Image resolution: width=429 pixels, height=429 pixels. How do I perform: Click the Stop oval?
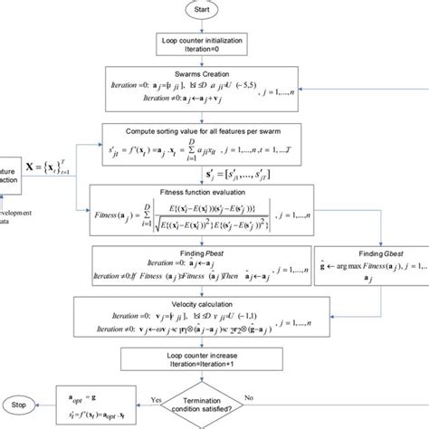pyautogui.click(x=20, y=403)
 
